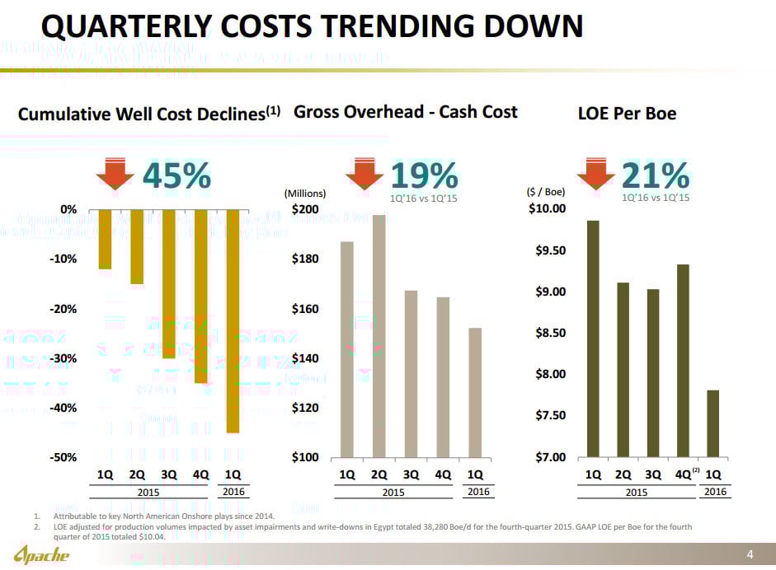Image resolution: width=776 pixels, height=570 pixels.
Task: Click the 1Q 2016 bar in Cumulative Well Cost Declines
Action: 233,321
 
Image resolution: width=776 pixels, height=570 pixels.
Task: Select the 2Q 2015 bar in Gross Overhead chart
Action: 379,336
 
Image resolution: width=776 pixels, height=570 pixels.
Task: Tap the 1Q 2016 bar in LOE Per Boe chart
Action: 713,423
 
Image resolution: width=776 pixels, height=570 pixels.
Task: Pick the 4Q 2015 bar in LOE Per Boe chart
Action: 683,360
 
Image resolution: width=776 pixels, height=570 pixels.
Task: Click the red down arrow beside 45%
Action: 114,174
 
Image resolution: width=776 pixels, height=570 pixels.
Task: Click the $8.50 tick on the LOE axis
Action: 547,333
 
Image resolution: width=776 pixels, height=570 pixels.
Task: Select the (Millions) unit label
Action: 305,194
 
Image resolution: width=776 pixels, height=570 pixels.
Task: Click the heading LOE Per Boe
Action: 628,114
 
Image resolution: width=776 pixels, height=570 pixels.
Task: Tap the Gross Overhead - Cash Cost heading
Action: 405,111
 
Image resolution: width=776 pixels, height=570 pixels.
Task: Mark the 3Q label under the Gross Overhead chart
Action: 411,474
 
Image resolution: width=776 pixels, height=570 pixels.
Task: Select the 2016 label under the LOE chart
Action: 714,492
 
